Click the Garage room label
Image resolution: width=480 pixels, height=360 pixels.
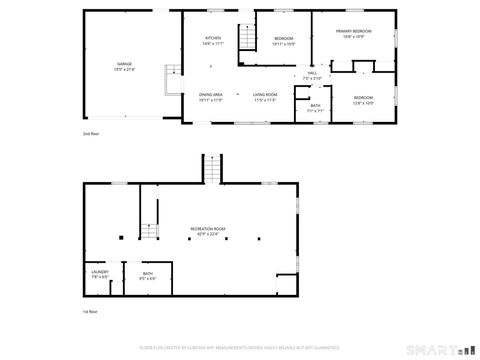click(124, 67)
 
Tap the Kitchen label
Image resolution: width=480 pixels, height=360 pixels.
click(212, 39)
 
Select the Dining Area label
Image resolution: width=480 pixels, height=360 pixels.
click(210, 98)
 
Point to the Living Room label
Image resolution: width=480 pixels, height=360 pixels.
click(264, 98)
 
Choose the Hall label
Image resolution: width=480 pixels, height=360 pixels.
click(312, 75)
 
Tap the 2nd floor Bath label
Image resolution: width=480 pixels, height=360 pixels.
click(315, 107)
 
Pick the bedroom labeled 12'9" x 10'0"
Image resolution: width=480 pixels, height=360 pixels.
click(363, 100)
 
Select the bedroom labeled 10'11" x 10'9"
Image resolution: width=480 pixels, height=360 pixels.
click(284, 41)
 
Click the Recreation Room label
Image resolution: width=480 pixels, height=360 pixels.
click(208, 231)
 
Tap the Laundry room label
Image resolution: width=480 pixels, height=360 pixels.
click(99, 275)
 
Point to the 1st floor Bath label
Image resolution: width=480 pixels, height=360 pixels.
click(147, 275)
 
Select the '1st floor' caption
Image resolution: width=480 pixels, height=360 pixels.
click(90, 312)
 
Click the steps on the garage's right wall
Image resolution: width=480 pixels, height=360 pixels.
click(172, 73)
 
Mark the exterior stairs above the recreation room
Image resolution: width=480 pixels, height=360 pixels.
click(212, 168)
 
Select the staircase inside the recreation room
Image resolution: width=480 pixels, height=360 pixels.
click(149, 211)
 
